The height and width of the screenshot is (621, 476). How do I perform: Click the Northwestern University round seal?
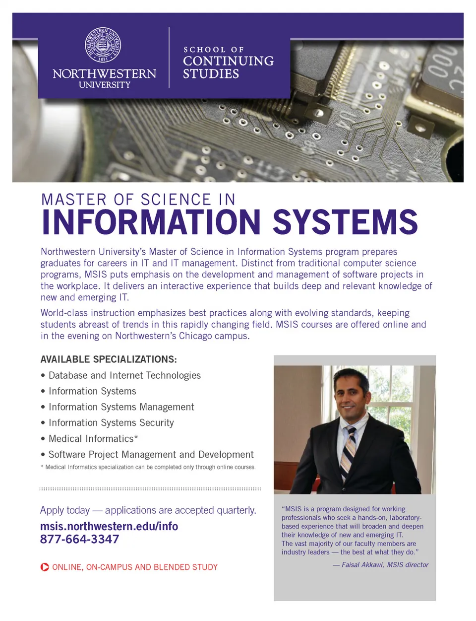pos(103,45)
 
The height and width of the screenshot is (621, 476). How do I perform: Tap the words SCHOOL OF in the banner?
pos(213,50)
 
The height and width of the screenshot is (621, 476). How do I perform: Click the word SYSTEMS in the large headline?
pos(345,222)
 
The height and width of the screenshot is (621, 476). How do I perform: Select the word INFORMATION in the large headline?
pos(151,222)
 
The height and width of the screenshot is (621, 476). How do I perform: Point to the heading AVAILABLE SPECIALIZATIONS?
pos(109,359)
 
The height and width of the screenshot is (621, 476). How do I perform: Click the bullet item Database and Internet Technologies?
pos(124,375)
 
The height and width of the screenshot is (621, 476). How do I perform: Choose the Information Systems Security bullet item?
pos(111,423)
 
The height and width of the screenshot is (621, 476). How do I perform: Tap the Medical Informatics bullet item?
pos(93,439)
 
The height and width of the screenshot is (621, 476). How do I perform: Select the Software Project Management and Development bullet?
pos(151,455)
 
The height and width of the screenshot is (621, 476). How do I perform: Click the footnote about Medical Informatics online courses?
pos(149,467)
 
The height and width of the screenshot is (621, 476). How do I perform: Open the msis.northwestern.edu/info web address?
pos(109,526)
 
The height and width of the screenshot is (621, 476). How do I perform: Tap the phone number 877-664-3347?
pos(80,540)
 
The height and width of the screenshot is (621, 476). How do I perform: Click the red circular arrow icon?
pos(45,567)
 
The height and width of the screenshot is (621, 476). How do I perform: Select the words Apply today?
pos(65,510)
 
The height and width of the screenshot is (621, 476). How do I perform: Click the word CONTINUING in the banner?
pos(228,61)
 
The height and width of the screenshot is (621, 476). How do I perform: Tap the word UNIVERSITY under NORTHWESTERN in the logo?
pos(105,85)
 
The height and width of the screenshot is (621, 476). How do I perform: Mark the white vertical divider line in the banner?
pos(169,58)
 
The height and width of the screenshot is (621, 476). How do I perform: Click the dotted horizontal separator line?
pos(150,489)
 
